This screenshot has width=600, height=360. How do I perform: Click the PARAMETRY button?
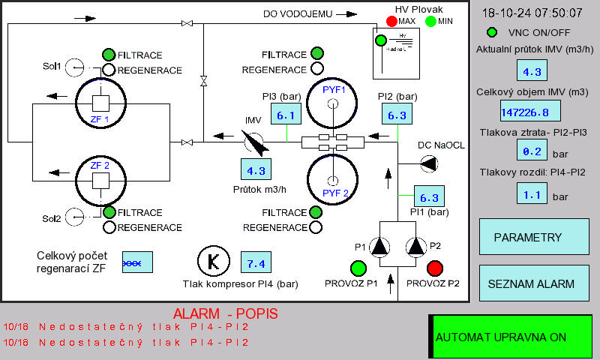click(528, 237)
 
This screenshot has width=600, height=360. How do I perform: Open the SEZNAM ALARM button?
click(531, 284)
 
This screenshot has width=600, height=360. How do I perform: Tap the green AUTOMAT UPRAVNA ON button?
click(510, 337)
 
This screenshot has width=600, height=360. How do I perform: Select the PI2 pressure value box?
click(397, 115)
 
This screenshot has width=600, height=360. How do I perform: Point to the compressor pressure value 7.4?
click(256, 263)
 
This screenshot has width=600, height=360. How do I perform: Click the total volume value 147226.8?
click(531, 112)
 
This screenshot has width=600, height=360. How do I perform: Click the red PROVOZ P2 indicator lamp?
click(434, 268)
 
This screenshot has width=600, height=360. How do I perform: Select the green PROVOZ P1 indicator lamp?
click(358, 268)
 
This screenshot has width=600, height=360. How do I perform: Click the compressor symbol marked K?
click(212, 261)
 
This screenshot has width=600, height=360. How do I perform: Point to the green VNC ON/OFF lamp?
click(492, 32)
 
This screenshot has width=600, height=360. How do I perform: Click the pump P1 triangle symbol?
click(381, 246)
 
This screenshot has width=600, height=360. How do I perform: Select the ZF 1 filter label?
click(100, 119)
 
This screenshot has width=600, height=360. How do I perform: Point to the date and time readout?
click(532, 13)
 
